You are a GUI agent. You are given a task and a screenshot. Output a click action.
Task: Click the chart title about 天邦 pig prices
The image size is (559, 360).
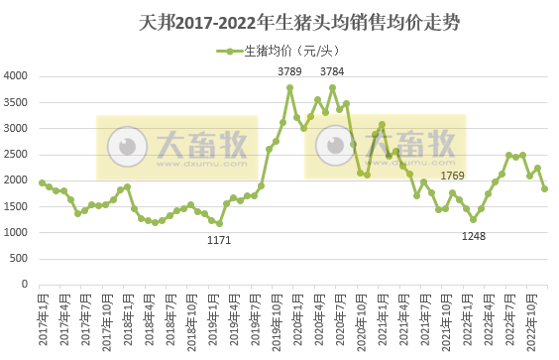[279, 19]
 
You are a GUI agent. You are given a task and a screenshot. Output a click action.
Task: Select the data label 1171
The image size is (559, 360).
[219, 240]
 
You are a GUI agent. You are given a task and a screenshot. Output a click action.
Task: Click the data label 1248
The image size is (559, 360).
[474, 235]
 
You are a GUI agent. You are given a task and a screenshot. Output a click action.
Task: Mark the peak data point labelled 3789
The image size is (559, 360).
[289, 87]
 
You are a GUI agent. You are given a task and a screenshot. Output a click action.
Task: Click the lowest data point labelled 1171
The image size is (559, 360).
[219, 223]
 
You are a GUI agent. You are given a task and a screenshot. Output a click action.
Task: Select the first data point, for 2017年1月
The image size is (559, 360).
[42, 182]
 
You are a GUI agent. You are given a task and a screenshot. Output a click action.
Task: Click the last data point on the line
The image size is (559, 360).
[545, 188]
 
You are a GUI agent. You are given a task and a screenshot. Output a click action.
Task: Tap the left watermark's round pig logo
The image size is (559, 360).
[126, 148]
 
